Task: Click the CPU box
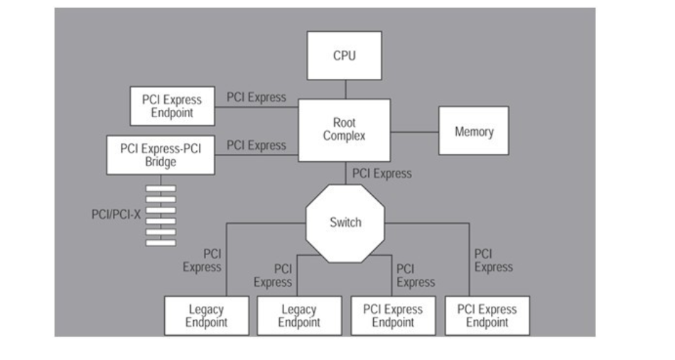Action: click(345, 55)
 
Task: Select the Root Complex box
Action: click(344, 129)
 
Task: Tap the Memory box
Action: click(473, 131)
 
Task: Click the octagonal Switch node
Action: click(345, 222)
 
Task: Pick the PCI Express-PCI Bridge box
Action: click(161, 155)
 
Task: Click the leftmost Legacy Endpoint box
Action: click(206, 316)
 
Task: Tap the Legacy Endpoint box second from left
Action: click(299, 316)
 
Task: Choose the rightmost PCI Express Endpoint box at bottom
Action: click(487, 316)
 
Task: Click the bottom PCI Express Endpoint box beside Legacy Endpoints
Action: click(393, 316)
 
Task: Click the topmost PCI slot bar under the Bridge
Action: click(161, 188)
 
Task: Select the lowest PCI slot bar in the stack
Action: click(161, 242)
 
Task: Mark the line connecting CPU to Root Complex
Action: click(345, 89)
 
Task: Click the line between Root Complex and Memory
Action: click(414, 131)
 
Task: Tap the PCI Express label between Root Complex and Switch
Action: click(382, 173)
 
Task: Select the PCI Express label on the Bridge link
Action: click(256, 146)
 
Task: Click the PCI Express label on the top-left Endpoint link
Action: click(256, 97)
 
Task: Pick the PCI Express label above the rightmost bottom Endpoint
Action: click(493, 261)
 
